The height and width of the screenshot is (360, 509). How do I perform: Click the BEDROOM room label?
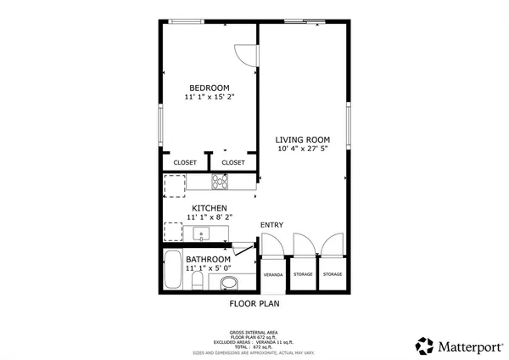pos(209,87)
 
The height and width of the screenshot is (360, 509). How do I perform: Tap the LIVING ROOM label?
pos(303,139)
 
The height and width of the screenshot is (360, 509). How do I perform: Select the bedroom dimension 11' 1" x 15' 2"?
pos(209,97)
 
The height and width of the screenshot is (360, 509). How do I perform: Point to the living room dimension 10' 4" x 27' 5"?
pos(303,149)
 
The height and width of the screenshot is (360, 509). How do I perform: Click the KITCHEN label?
pos(209,208)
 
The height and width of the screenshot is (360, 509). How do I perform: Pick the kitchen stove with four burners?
pos(220,181)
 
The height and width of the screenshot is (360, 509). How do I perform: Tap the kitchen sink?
pos(202,233)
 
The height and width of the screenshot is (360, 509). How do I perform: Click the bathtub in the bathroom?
pos(173,272)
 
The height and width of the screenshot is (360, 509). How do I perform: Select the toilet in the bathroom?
pos(196,280)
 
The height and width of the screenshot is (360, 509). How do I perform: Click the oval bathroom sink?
pos(228,283)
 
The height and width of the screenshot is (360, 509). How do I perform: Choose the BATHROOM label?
pos(209,259)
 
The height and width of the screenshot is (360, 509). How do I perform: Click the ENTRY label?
pos(271,225)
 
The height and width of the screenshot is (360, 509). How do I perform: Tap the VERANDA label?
pos(272,275)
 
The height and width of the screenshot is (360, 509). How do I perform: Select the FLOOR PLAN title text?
pos(255,303)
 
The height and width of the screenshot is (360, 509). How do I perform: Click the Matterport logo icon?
pos(424,346)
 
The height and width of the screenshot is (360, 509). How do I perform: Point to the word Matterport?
pos(467,346)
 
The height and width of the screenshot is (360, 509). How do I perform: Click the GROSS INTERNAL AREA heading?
pos(254,332)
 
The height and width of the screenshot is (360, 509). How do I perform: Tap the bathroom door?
pos(243,247)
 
